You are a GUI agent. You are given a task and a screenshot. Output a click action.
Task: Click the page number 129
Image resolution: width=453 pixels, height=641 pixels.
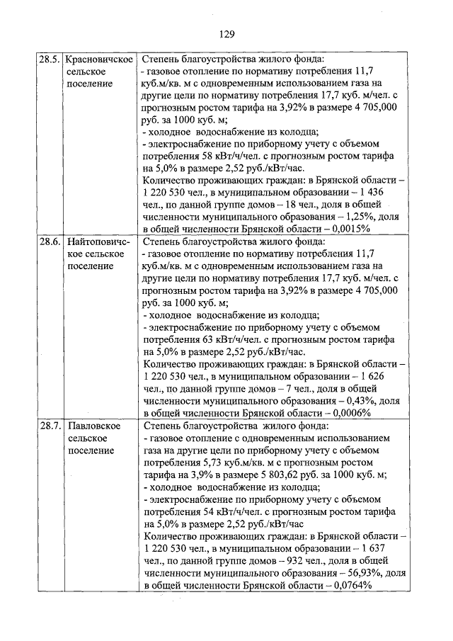point(226,34)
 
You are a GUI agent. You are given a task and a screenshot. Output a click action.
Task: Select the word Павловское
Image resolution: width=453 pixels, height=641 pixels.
point(94,426)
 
